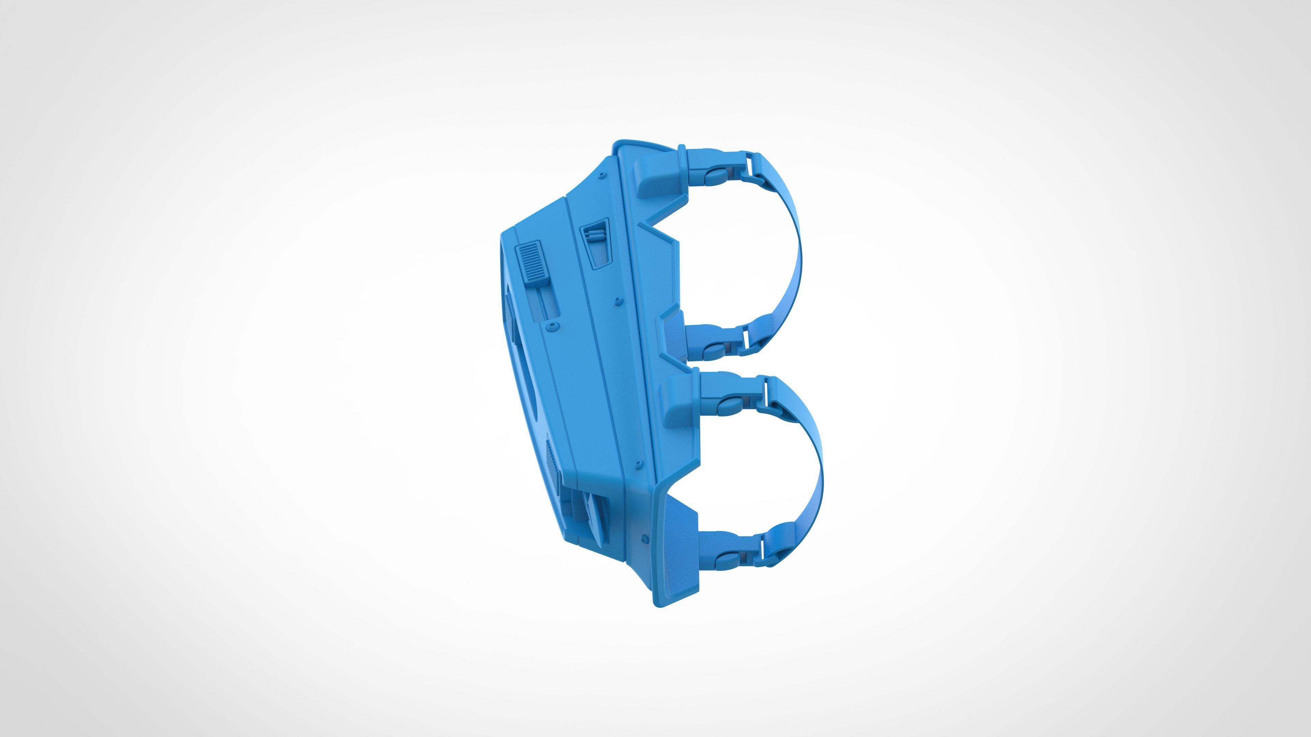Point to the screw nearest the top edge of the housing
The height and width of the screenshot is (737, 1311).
603,175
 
